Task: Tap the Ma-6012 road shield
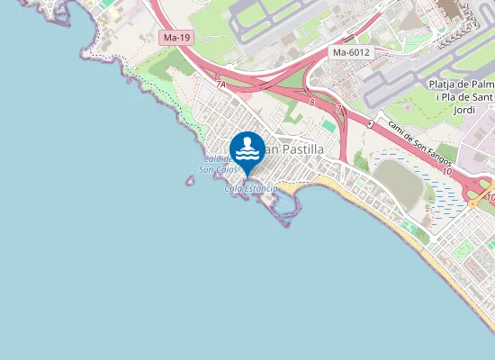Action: click(x=351, y=52)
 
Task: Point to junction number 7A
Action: click(x=220, y=84)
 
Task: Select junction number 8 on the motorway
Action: click(x=311, y=103)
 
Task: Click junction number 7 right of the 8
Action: click(x=338, y=109)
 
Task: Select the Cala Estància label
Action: click(x=250, y=188)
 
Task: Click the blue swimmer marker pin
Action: click(x=247, y=149)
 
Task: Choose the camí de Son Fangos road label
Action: click(x=419, y=144)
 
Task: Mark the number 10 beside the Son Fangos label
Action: click(x=447, y=170)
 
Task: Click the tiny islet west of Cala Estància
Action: click(x=190, y=181)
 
